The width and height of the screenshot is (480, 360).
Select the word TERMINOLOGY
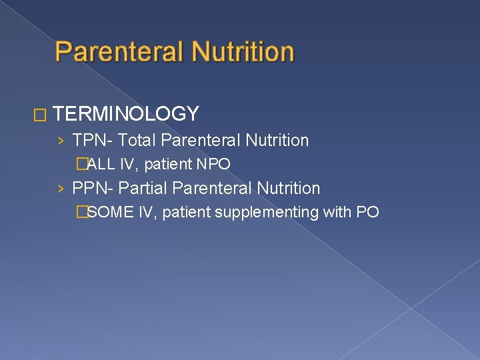(126, 114)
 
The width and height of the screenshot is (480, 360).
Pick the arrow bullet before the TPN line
(61, 141)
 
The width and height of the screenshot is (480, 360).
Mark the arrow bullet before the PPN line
(61, 189)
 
